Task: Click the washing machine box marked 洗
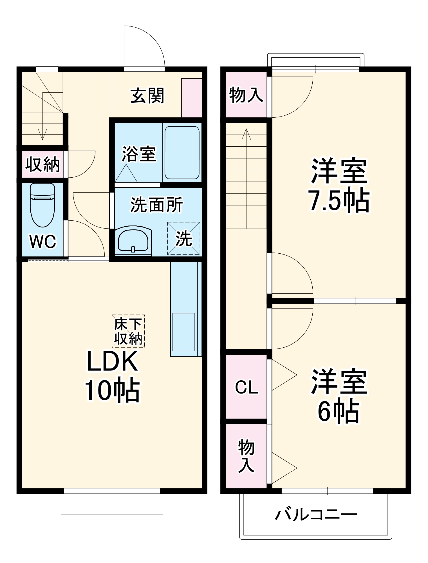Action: tap(184, 238)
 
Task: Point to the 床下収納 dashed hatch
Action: tap(128, 331)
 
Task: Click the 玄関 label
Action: tap(147, 96)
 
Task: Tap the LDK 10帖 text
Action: tap(112, 376)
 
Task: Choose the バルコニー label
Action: tap(315, 515)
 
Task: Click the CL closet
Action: tap(246, 387)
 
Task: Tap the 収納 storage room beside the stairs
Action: tap(42, 164)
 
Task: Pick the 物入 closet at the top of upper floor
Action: tap(246, 95)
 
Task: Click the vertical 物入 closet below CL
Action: tap(246, 456)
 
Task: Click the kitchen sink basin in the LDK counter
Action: tap(183, 332)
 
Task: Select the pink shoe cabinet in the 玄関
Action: tap(191, 98)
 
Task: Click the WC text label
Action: tap(43, 241)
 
